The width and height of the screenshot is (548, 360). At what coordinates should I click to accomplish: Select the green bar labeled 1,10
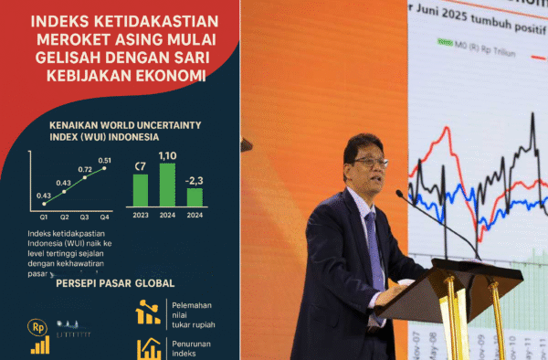[x=167, y=184]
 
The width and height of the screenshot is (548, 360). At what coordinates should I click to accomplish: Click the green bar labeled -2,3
[x=195, y=196]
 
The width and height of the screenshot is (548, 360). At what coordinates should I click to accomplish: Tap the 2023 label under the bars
[x=140, y=216]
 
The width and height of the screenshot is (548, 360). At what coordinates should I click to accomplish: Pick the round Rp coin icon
[x=39, y=326]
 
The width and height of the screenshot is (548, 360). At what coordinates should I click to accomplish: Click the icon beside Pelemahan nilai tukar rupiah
[x=148, y=313]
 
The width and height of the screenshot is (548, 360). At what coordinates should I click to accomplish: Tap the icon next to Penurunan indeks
[x=148, y=349]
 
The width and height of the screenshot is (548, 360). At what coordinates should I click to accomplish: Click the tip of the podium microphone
[x=399, y=194]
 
